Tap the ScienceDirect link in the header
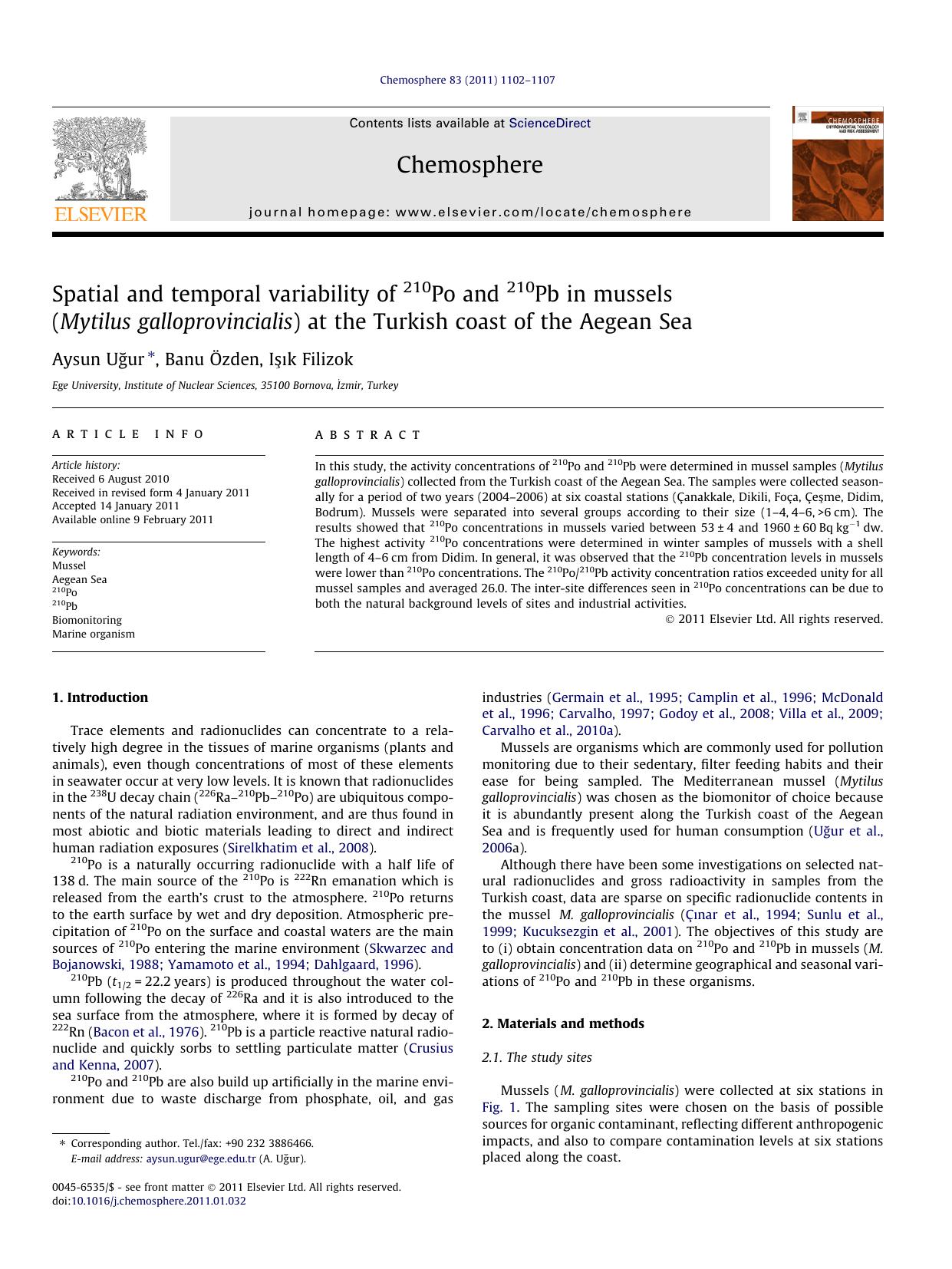point(549,123)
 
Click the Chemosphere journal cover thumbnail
point(837,164)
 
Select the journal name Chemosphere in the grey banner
point(469,165)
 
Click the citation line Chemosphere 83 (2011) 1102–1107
point(467,80)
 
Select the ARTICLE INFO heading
point(128,434)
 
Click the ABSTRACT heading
point(368,435)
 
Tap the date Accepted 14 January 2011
point(116,506)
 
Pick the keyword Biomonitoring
point(87,620)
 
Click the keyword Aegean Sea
point(79,579)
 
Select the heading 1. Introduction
point(100,697)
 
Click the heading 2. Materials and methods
point(562,1023)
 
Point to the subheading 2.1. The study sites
point(536,1057)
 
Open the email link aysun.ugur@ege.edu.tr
point(201,1159)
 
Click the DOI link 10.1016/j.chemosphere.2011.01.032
point(158,1201)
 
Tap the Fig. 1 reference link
point(500,1107)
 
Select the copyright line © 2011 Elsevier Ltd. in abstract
point(774,619)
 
